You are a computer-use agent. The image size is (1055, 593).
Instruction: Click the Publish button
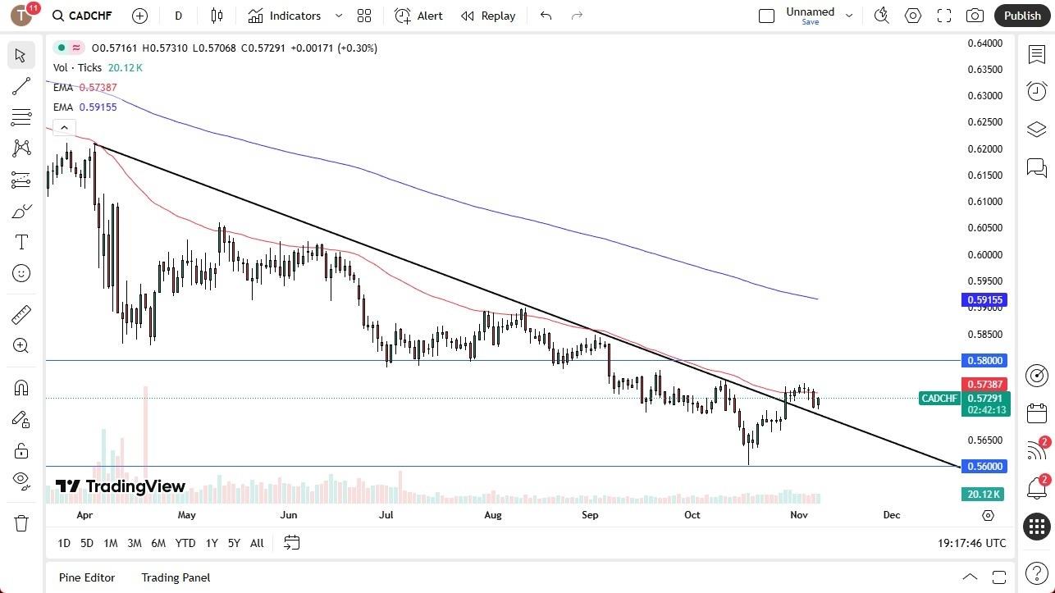[1021, 16]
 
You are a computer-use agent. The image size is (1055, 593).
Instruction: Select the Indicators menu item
[295, 16]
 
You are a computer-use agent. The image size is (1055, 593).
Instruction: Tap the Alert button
[419, 16]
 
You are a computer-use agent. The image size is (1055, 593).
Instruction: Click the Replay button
[489, 16]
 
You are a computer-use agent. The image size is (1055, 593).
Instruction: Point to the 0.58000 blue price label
[984, 361]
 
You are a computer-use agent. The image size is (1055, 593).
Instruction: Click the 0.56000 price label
[984, 467]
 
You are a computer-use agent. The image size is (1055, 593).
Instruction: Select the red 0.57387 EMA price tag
[984, 385]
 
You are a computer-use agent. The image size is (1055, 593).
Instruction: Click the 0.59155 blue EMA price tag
[984, 300]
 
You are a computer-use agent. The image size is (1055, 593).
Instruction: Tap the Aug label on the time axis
[493, 515]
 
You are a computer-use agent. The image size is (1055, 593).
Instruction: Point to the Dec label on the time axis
[892, 515]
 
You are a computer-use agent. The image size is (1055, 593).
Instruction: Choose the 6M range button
[158, 543]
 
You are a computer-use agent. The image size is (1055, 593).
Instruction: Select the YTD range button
[185, 543]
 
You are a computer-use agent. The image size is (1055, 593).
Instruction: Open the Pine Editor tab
[87, 577]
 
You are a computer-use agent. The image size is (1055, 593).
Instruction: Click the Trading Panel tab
[176, 577]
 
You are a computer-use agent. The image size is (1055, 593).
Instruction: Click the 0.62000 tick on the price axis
[985, 149]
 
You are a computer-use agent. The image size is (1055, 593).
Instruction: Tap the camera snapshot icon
[975, 16]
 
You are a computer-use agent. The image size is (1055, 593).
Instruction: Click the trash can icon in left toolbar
[21, 523]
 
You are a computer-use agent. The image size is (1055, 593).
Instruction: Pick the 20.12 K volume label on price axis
[984, 495]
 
